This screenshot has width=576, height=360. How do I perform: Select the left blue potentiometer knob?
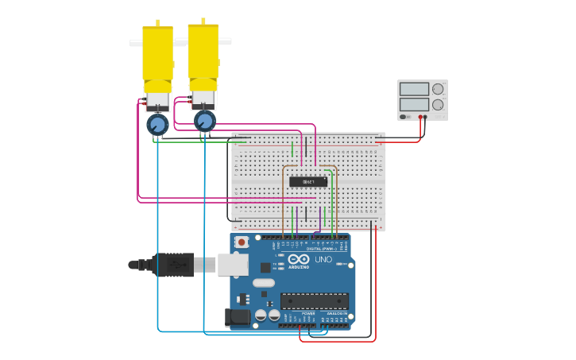click(x=157, y=125)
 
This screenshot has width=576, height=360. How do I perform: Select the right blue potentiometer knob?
click(x=205, y=121)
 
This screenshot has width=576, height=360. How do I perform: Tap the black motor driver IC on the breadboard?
click(x=308, y=182)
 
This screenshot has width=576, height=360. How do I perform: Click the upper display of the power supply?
click(x=414, y=89)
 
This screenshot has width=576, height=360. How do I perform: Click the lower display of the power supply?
click(x=414, y=104)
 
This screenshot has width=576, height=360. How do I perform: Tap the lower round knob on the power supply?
click(x=437, y=105)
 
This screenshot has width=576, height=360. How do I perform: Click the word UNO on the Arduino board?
click(x=323, y=260)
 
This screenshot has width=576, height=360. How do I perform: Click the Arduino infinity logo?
click(x=299, y=259)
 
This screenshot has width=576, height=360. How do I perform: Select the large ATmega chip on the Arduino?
click(x=314, y=301)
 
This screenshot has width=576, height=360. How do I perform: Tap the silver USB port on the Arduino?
click(x=232, y=265)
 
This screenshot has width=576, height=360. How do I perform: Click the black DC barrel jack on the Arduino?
click(x=237, y=319)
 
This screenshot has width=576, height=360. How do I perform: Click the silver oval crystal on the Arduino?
click(x=264, y=283)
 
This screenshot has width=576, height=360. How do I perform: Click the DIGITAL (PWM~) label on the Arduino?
click(x=319, y=249)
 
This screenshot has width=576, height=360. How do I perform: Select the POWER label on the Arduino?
click(x=307, y=314)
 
